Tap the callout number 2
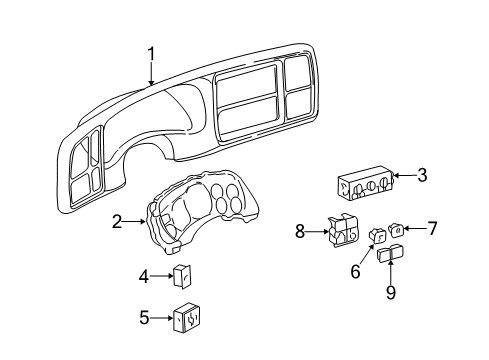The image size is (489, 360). [117, 222]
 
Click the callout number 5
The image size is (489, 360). [144, 318]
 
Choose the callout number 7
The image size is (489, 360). [432, 228]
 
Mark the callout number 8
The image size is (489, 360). [301, 233]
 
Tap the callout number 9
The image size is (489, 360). [391, 293]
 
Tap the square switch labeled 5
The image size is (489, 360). [186, 320]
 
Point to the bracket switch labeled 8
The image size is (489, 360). [340, 234]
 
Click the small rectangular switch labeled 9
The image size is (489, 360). [390, 261]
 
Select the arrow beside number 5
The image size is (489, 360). [162, 318]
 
